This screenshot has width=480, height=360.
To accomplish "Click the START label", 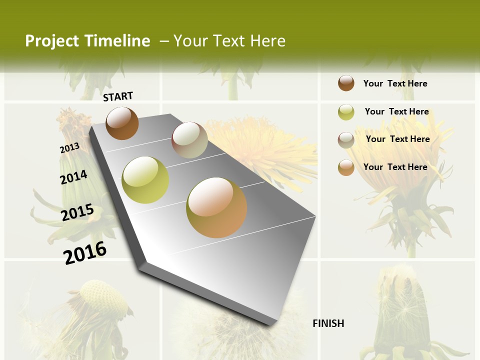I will (x=118, y=96).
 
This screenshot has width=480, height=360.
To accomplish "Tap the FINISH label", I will (x=328, y=323).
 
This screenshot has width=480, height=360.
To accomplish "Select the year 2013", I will (x=69, y=148).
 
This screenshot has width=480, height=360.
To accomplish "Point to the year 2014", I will (x=73, y=177).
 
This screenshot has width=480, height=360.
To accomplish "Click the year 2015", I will (x=77, y=212).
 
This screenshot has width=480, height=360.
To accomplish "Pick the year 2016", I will (x=85, y=252).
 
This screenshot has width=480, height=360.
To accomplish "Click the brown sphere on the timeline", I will (x=122, y=123).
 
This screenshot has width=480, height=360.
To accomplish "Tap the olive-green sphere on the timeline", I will (x=145, y=180).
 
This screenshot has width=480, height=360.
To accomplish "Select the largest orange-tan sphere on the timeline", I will (x=216, y=207).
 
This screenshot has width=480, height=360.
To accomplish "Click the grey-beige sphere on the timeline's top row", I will (x=189, y=140).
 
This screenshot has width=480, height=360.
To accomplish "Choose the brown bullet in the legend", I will (x=346, y=83).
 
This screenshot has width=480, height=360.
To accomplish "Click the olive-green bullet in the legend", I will (x=346, y=112).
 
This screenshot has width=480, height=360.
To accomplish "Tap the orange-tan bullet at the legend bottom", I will (x=346, y=167).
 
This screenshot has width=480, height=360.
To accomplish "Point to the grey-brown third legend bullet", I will (x=346, y=140).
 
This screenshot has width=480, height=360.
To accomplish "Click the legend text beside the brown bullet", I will (x=395, y=83).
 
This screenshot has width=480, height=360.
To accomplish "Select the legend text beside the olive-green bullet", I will (x=396, y=111).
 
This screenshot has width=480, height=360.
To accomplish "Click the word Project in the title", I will (x=51, y=41).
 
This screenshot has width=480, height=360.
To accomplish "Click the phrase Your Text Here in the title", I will (x=229, y=41).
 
